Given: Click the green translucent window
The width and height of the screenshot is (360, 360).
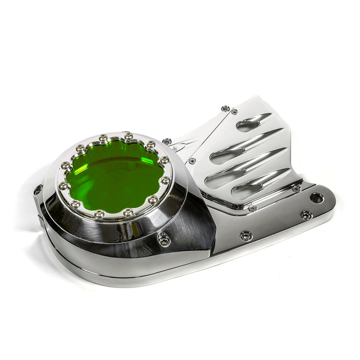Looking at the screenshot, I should point(113,176).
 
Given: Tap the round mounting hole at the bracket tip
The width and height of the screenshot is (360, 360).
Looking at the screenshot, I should point(317,198).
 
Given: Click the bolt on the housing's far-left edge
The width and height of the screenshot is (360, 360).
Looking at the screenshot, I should point(38,190).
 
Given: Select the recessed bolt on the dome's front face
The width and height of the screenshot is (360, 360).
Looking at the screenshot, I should point(164,239).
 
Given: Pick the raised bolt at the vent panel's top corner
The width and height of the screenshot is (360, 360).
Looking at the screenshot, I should point(226,108).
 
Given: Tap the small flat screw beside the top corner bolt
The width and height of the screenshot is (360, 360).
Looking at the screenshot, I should point(234,112).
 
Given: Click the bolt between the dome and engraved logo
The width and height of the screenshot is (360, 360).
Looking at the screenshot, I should point(167,141).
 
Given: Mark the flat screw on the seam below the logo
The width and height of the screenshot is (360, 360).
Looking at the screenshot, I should point(192,161).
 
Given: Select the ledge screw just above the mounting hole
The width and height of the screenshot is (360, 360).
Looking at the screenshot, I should point(296,189).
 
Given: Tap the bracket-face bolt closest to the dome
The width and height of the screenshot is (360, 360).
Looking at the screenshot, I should point(246,235).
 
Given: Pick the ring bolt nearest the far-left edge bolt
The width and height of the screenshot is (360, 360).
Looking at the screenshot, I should point(64,186).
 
